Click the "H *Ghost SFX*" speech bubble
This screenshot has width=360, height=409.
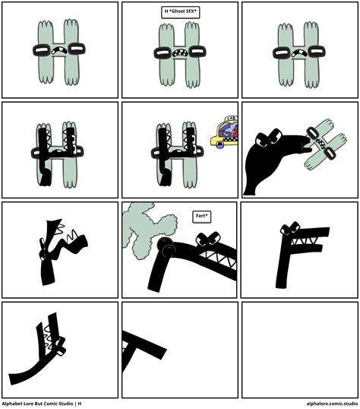pos(180,12)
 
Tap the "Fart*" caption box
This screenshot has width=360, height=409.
pos(202,216)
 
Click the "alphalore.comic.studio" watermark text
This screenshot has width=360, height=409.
pos(331,404)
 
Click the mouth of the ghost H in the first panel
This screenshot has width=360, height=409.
pos(60,53)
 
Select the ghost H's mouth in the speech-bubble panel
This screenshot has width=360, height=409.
pos(180,54)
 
